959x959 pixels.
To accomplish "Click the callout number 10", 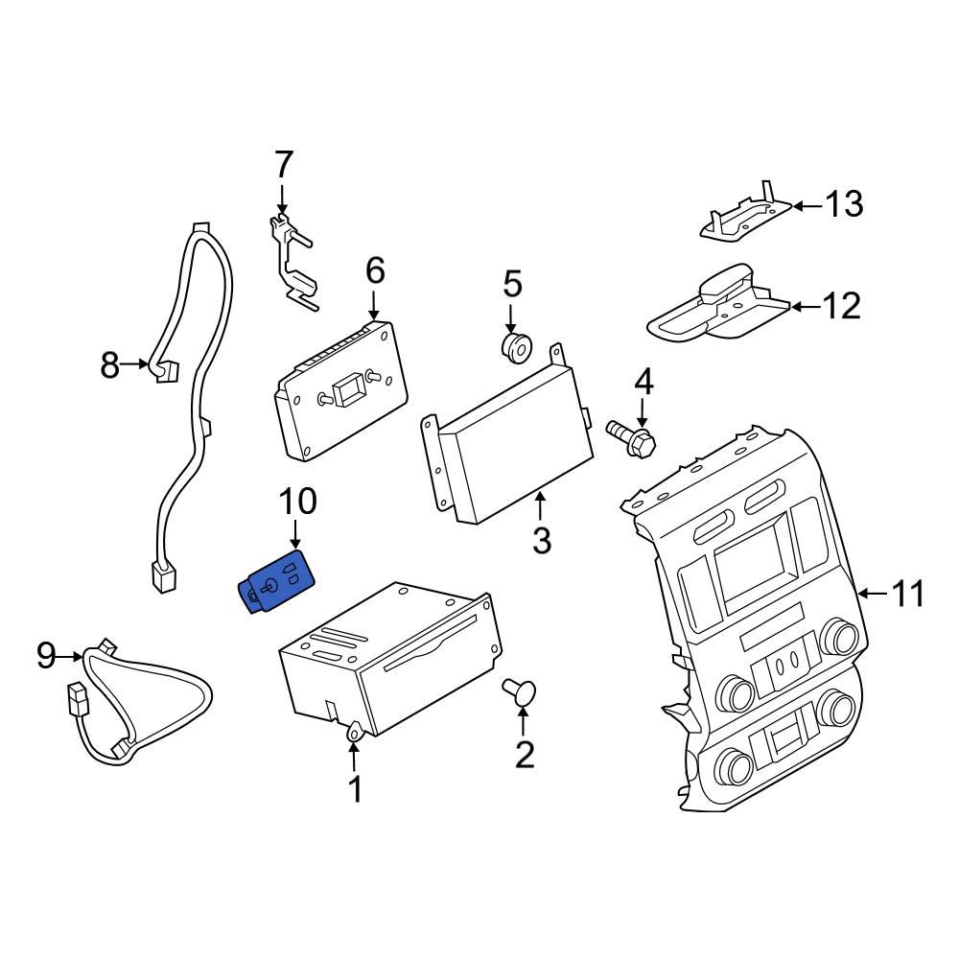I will tap(297, 501).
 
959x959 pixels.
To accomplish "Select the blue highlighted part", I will tap(277, 582).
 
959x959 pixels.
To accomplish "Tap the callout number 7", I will tap(282, 166).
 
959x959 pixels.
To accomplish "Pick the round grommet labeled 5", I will tap(516, 347).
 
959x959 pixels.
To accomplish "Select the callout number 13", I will tap(845, 204).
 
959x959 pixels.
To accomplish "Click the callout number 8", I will tap(110, 364).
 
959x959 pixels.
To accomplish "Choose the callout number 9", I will tap(46, 656).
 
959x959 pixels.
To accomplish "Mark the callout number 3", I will tap(541, 541).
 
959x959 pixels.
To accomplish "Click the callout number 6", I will tap(374, 271).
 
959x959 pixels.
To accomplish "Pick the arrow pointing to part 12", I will tap(807, 307).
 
